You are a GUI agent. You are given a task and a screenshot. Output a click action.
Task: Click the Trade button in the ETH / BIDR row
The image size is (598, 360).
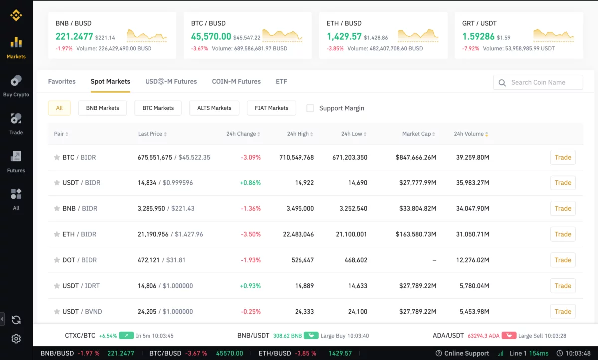tap(563, 234)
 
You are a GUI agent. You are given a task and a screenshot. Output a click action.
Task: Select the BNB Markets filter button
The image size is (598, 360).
tap(102, 108)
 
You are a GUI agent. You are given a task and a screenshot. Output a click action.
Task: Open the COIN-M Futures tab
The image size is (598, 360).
tap(236, 81)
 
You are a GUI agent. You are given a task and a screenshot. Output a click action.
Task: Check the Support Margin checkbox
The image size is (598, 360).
tap(310, 108)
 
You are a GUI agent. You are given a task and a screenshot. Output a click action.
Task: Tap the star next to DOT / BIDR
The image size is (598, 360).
tap(57, 260)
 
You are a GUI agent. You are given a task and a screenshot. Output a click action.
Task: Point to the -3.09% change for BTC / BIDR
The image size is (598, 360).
tap(251, 157)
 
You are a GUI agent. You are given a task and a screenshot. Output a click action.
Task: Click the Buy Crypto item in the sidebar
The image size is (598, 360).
tap(16, 86)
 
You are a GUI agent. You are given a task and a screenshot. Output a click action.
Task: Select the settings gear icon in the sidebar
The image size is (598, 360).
tap(16, 339)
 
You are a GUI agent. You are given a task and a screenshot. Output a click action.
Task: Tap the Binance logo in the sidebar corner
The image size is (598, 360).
tap(16, 16)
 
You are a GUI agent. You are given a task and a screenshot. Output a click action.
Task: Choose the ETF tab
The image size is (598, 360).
tap(281, 81)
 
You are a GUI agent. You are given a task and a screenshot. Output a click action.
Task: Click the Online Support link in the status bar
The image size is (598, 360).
tap(462, 353)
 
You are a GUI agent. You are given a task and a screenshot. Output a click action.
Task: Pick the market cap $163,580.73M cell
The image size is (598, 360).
tap(416, 234)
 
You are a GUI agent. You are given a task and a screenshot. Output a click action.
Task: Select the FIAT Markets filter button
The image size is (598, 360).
tap(271, 108)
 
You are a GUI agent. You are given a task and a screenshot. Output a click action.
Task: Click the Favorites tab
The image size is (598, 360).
tap(62, 81)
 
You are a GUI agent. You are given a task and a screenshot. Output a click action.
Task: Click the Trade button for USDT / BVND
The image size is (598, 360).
tap(563, 312)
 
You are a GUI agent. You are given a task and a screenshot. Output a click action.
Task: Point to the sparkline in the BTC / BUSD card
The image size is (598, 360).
tap(282, 35)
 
